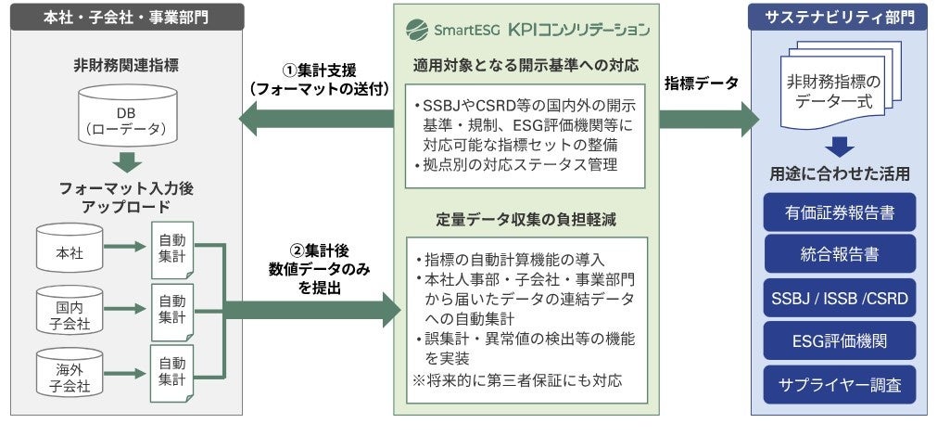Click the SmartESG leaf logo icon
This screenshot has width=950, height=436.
[418, 29]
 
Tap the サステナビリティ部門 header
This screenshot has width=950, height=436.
[839, 16]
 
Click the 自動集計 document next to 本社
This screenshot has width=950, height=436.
[171, 249]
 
